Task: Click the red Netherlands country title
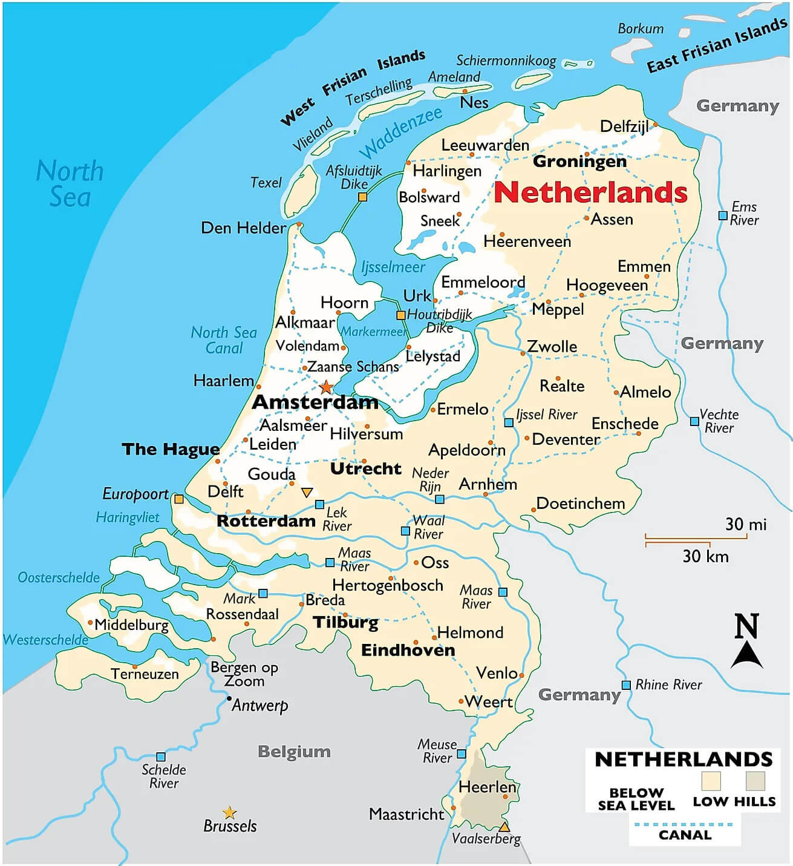coord(590,192)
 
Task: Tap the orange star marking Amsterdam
coord(326,387)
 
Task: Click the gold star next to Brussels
coord(229,812)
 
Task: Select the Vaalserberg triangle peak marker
coord(504,827)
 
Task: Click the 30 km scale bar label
coord(705,556)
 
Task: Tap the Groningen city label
coord(579,162)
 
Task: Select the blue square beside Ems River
coord(722,215)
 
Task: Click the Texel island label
coord(266,182)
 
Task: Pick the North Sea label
coord(70,183)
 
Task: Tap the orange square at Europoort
coord(178,499)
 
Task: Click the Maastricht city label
coord(406,814)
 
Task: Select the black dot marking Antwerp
coord(229,698)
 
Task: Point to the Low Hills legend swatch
coord(755,781)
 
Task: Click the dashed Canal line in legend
coord(684,824)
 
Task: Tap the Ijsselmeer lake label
coord(393,267)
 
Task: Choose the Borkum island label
coord(641,28)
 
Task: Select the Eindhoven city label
coord(408,650)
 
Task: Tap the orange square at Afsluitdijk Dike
coord(362,197)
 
